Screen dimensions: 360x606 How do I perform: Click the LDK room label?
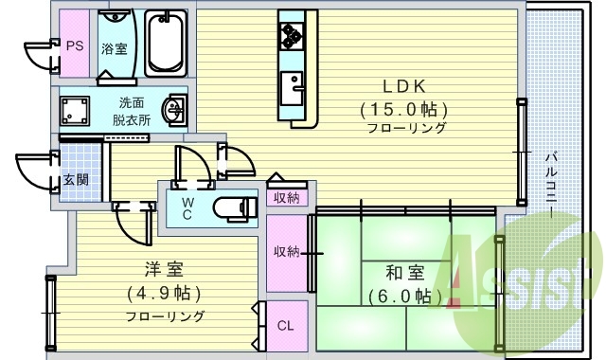pos(402,84)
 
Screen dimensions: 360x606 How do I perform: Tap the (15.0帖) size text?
pos(402,107)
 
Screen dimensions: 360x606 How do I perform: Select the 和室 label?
pos(404,273)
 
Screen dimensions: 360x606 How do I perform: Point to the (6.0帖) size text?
pos(404,296)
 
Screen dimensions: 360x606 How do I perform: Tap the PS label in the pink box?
pos(73,45)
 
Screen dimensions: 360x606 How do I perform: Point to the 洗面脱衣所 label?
pos(131,112)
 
